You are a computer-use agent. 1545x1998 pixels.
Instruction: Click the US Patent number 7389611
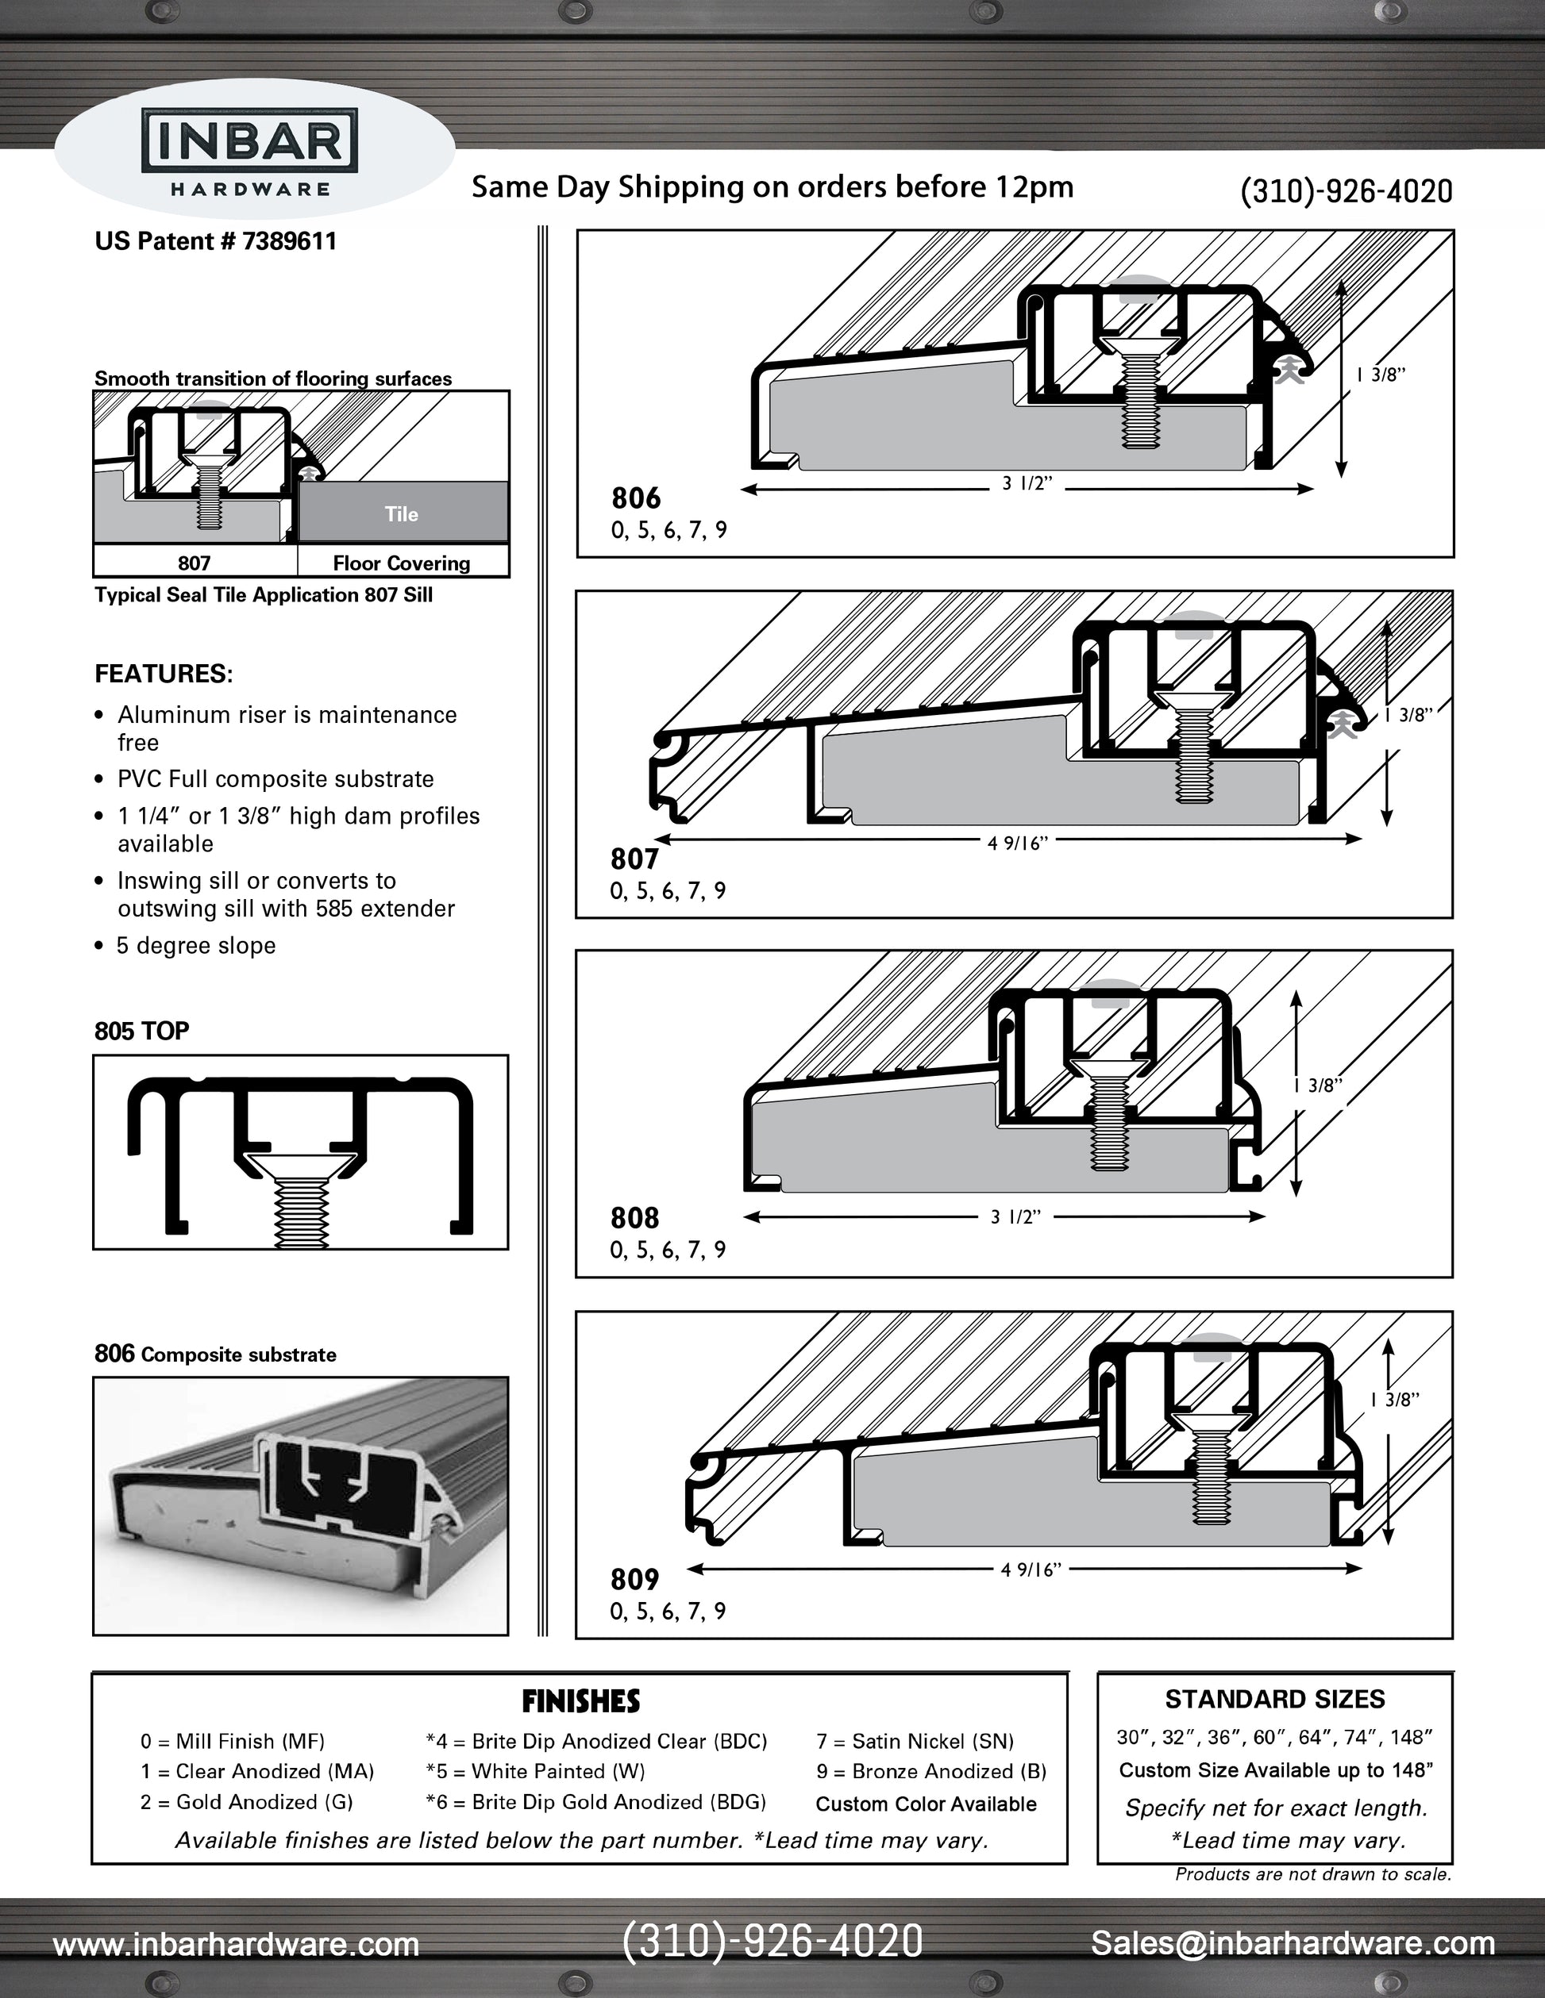tap(216, 241)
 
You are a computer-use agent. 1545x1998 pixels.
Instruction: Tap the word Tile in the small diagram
tap(402, 514)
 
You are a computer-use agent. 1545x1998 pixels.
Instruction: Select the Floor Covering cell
tap(402, 563)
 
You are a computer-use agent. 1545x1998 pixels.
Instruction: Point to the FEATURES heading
tap(164, 674)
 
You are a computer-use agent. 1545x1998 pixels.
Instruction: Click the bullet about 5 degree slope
tap(195, 946)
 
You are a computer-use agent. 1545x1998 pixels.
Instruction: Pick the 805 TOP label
tap(142, 1031)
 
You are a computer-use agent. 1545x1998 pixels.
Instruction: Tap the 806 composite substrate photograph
tap(300, 1505)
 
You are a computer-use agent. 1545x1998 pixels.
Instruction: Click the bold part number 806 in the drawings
tap(636, 498)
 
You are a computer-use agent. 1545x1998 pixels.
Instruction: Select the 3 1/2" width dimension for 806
tap(1027, 484)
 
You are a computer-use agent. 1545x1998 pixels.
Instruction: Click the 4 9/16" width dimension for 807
tap(1017, 843)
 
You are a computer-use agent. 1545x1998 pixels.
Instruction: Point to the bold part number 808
tap(635, 1218)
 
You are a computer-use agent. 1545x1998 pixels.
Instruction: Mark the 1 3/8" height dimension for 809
tap(1394, 1400)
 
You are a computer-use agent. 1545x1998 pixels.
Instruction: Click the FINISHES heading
tap(580, 1701)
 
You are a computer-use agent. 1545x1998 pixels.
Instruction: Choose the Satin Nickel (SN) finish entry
tap(915, 1741)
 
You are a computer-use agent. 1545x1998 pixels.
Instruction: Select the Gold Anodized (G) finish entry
tap(246, 1801)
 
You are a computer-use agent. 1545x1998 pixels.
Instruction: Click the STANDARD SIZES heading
tap(1274, 1700)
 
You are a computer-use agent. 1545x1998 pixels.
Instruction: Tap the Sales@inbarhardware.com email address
tap(1293, 1942)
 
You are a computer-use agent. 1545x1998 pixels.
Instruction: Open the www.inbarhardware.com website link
tap(236, 1944)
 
